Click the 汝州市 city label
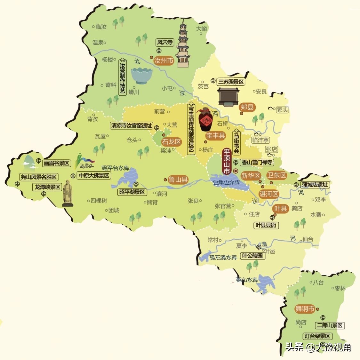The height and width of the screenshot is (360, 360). (x=164, y=61)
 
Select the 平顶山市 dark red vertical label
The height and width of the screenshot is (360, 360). (x=227, y=162)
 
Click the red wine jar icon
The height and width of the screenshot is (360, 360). (x=206, y=119)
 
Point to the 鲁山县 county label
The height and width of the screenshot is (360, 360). (x=178, y=180)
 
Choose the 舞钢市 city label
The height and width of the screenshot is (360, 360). (x=305, y=309)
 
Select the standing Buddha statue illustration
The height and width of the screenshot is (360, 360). (x=68, y=193)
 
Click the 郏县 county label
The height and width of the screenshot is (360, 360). (x=247, y=107)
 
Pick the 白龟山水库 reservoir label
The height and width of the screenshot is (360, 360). (x=227, y=183)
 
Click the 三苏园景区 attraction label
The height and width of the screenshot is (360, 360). (x=231, y=82)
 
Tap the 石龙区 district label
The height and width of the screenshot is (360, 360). (x=172, y=141)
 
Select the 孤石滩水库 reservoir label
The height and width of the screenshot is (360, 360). (x=223, y=257)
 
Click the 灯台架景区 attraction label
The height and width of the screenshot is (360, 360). (x=317, y=336)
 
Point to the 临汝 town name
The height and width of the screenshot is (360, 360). (x=101, y=27)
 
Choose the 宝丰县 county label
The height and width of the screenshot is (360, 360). (x=215, y=135)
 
